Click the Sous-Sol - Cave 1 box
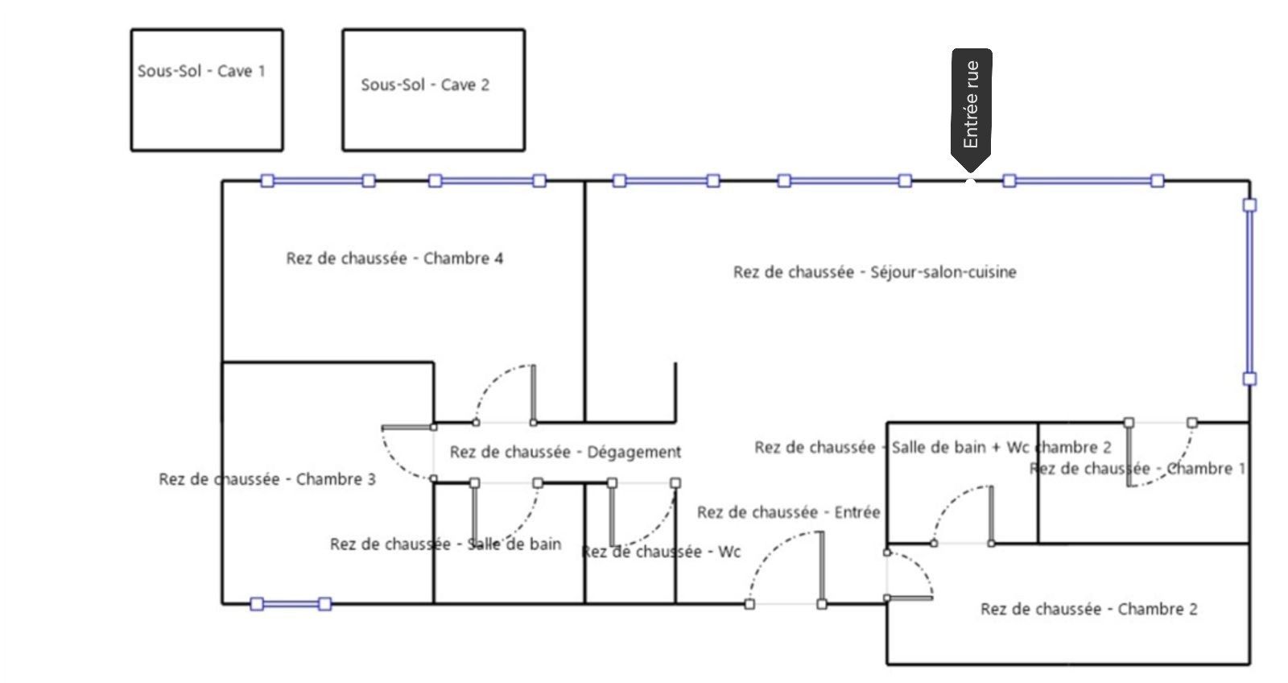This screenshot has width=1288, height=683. [206, 89]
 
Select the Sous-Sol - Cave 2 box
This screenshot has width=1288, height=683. [433, 90]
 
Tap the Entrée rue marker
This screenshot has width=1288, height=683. [971, 105]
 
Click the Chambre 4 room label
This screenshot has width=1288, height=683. [394, 259]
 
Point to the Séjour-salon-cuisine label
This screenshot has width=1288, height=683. [874, 272]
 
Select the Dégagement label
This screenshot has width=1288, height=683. [565, 452]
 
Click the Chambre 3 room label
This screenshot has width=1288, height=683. [267, 479]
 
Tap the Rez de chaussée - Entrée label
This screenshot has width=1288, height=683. [788, 512]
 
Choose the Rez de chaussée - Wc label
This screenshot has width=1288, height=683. [660, 553]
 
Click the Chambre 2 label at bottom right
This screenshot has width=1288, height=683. [1088, 609]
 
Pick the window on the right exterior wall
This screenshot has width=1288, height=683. [1249, 292]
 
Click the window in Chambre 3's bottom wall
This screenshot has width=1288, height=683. [291, 604]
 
